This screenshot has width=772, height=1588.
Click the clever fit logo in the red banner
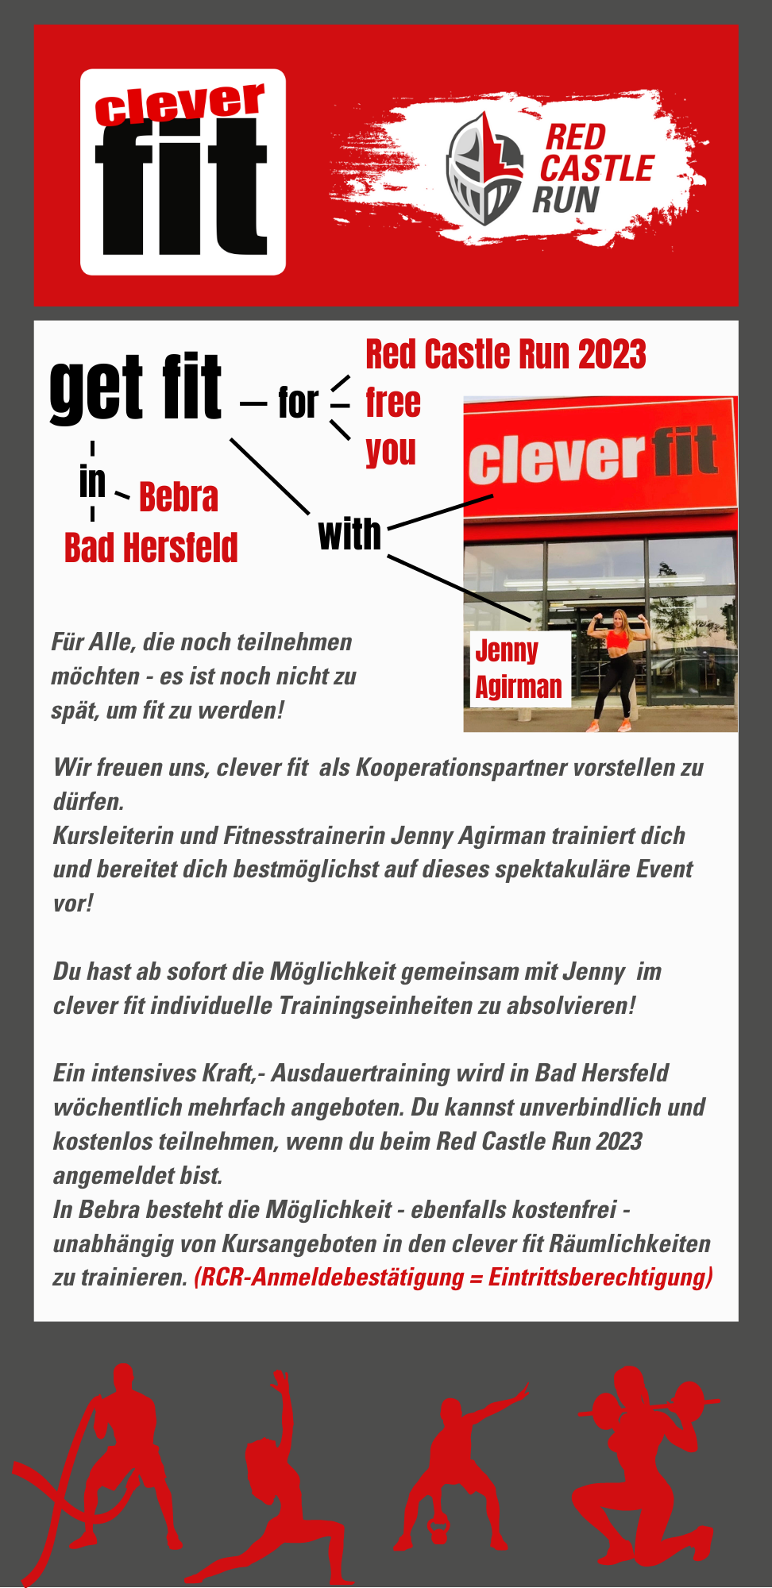click(183, 172)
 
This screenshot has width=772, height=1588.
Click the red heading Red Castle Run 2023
click(505, 354)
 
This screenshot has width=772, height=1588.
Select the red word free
click(393, 403)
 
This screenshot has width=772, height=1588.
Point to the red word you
click(391, 451)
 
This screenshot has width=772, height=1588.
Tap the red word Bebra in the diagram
click(179, 497)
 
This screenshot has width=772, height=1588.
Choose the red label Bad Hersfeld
click(151, 548)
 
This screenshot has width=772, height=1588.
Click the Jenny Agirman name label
click(518, 669)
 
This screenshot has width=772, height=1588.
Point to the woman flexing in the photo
click(617, 667)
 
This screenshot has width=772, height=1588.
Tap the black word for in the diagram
click(298, 403)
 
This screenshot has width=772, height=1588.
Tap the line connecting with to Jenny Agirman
click(459, 588)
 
